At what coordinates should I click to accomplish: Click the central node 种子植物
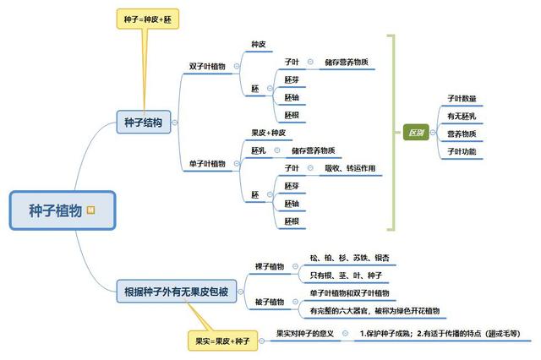pyautogui.click(x=55, y=210)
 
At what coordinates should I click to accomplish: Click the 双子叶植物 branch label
pyautogui.click(x=207, y=66)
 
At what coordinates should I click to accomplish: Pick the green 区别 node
pyautogui.click(x=416, y=133)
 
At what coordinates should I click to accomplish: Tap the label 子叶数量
pyautogui.click(x=462, y=98)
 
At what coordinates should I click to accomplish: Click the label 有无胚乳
pyautogui.click(x=462, y=116)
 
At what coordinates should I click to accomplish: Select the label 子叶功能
pyautogui.click(x=462, y=151)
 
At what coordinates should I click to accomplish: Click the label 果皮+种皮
pyautogui.click(x=269, y=133)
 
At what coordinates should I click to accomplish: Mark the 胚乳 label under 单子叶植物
pyautogui.click(x=259, y=150)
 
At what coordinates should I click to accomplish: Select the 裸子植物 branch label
pyautogui.click(x=270, y=266)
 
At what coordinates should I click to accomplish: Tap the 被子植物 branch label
pyautogui.click(x=270, y=302)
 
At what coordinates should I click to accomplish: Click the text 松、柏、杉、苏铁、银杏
pyautogui.click(x=350, y=257)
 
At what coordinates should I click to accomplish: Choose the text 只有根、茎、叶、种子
pyautogui.click(x=347, y=275)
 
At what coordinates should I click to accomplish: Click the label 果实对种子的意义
pyautogui.click(x=305, y=333)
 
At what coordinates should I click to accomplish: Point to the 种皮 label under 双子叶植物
pyautogui.click(x=259, y=44)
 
